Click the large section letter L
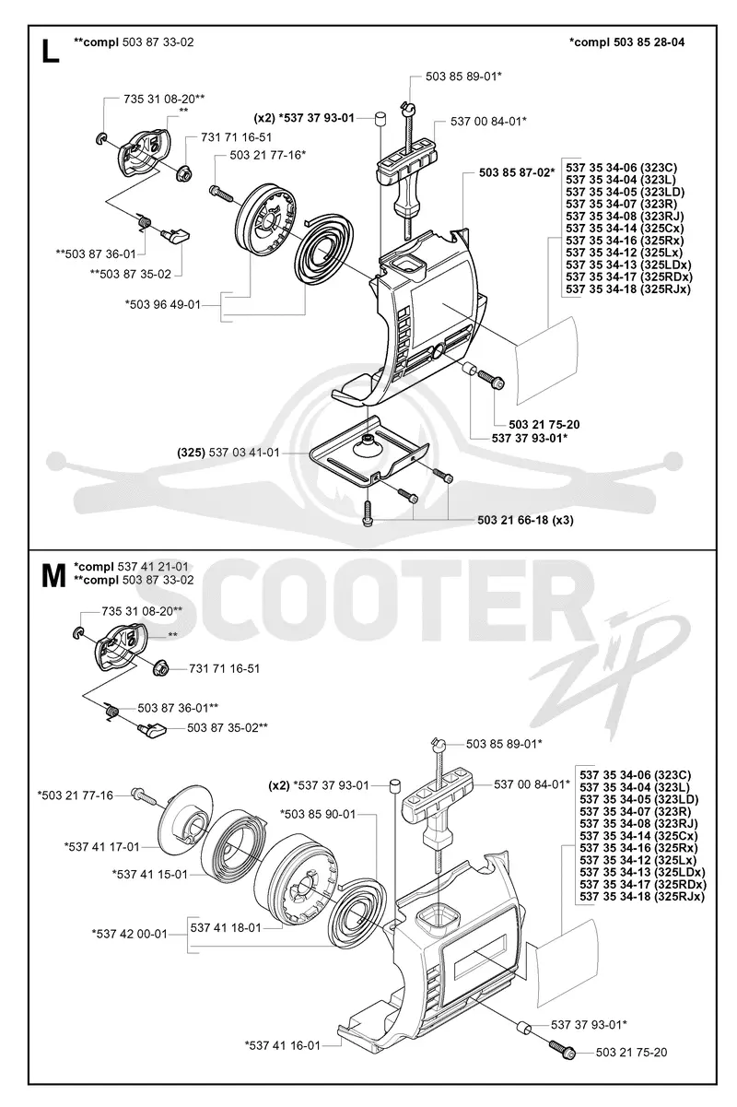51,51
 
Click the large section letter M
53,576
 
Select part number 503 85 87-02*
516,172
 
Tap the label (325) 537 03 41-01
228,453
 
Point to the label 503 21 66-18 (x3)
525,520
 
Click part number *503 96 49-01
163,304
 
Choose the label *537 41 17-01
102,846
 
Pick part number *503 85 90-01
318,814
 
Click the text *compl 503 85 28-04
626,42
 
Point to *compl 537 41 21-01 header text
131,566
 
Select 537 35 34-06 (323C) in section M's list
636,775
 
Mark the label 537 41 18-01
226,927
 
